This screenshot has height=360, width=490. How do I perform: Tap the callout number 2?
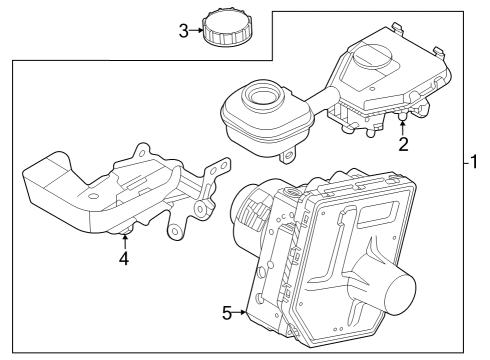403,144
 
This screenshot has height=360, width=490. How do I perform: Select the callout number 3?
183,31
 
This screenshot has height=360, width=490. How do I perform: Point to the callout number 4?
124,258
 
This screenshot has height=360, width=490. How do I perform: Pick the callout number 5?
226,313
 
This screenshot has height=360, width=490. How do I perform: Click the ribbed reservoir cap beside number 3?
226,28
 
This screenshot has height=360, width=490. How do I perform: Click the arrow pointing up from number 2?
403,126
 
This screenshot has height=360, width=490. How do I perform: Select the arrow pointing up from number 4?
124,239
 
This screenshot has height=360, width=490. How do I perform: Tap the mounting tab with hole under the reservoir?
290,156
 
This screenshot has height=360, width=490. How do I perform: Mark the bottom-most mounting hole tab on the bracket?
176,232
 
